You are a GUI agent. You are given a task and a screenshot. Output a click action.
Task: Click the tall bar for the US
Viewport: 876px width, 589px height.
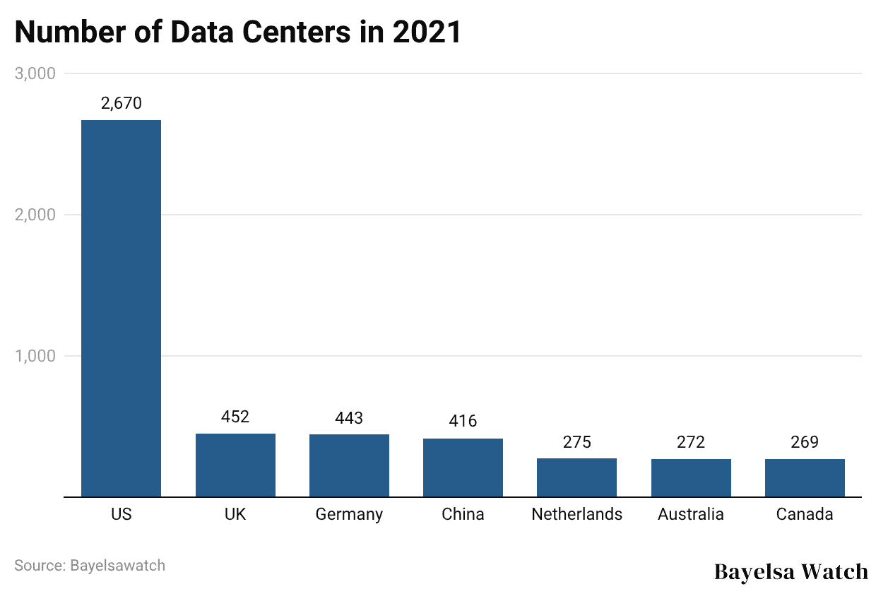(121, 308)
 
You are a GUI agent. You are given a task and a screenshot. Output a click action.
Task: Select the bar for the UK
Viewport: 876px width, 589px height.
(235, 465)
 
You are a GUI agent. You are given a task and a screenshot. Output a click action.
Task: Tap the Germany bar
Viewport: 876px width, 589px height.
(349, 465)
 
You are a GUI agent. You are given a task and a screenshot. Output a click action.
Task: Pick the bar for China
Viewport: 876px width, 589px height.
(463, 468)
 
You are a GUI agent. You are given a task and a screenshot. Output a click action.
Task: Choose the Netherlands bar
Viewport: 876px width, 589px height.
(576, 477)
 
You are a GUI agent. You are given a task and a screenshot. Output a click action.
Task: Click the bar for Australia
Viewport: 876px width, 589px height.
(691, 478)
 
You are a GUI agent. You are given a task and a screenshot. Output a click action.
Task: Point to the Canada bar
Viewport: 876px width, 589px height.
(805, 478)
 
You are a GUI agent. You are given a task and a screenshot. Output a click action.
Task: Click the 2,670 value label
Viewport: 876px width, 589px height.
(121, 103)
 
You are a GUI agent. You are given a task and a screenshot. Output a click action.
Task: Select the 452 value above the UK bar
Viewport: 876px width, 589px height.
(235, 417)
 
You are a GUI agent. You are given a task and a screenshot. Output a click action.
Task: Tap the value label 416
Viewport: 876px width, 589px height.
(463, 422)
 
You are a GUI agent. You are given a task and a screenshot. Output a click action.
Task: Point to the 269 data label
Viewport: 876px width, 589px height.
(805, 442)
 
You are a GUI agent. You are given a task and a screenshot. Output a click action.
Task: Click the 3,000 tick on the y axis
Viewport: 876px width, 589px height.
(35, 73)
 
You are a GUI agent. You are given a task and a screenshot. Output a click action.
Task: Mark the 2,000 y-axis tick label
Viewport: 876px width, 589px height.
(35, 215)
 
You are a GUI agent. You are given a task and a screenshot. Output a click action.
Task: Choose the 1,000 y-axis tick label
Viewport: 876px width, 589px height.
(35, 356)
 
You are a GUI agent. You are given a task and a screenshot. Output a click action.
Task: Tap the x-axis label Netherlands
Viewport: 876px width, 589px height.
(576, 514)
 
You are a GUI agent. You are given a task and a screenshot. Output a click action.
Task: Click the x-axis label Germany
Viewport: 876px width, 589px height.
(349, 515)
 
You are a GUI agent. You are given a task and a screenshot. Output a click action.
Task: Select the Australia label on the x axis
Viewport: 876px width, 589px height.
(691, 514)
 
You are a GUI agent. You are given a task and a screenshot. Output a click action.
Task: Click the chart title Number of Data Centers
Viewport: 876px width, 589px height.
(237, 32)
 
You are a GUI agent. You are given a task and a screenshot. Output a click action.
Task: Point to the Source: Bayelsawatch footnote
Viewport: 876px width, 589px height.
(90, 565)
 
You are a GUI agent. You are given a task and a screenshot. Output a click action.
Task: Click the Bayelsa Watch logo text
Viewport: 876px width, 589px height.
(791, 571)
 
